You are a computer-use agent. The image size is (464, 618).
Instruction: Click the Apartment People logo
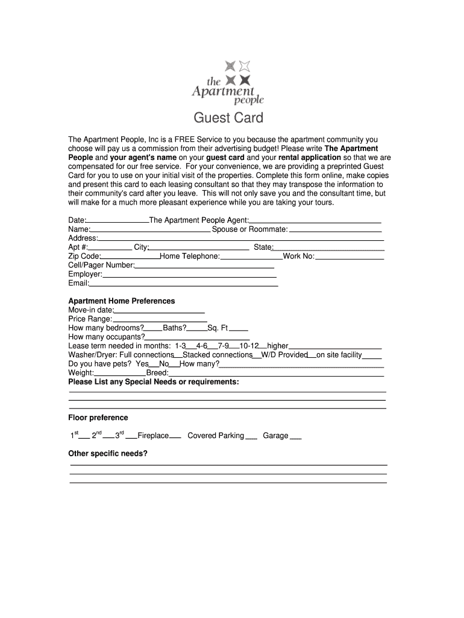tap(228, 83)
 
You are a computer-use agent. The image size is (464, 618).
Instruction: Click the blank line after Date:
tap(118, 221)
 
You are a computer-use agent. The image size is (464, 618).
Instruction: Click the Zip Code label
tap(84, 256)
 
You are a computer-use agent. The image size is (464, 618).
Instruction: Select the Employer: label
tap(85, 274)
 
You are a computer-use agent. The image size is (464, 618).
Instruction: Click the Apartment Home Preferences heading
tap(122, 301)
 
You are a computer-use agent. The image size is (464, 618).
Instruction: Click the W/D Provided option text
tap(284, 355)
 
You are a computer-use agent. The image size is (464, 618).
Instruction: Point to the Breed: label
tap(157, 373)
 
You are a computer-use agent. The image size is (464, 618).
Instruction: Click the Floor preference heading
tap(98, 418)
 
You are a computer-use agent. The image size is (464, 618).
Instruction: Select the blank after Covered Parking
tap(251, 436)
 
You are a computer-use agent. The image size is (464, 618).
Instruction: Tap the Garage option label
tap(275, 436)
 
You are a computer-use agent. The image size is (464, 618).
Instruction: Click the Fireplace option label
tap(153, 436)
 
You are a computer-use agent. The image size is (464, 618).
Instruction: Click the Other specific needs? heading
tap(108, 453)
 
